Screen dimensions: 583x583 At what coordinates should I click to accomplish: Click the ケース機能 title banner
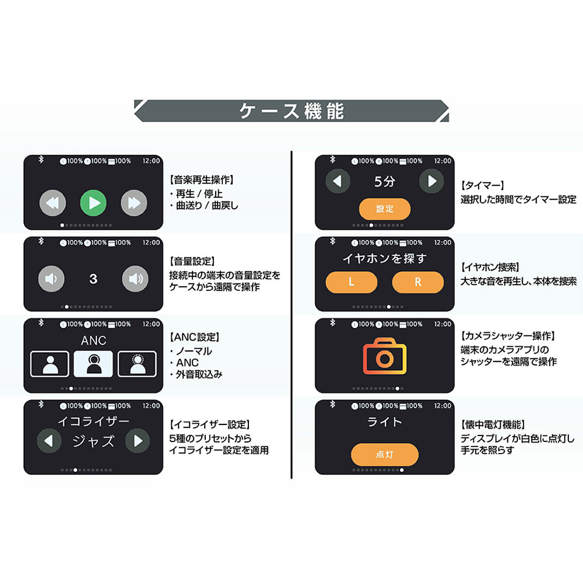pos(291,111)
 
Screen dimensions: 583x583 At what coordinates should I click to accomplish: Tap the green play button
pos(93,203)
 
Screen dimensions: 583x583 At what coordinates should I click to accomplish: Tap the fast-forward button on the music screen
pos(134,203)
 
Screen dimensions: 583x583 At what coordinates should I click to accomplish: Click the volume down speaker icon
pos(52,279)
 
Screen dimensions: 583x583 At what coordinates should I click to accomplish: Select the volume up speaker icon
pos(134,279)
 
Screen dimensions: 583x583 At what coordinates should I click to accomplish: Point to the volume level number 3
pos(93,279)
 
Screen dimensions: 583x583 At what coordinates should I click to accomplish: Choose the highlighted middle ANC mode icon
pos(93,363)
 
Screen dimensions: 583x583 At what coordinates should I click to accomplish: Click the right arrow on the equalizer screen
pos(137,440)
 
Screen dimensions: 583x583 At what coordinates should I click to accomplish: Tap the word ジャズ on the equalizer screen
pos(93,442)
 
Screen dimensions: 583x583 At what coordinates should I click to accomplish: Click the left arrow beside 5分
pos(338,181)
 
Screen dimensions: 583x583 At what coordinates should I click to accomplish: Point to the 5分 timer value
pos(384,181)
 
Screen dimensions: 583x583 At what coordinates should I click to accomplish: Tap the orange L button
pos(351,282)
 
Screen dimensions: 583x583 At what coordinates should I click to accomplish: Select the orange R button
pos(418,282)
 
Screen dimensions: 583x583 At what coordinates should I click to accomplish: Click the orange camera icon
pos(384,356)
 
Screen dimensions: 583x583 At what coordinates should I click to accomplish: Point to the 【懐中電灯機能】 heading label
pos(493,424)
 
